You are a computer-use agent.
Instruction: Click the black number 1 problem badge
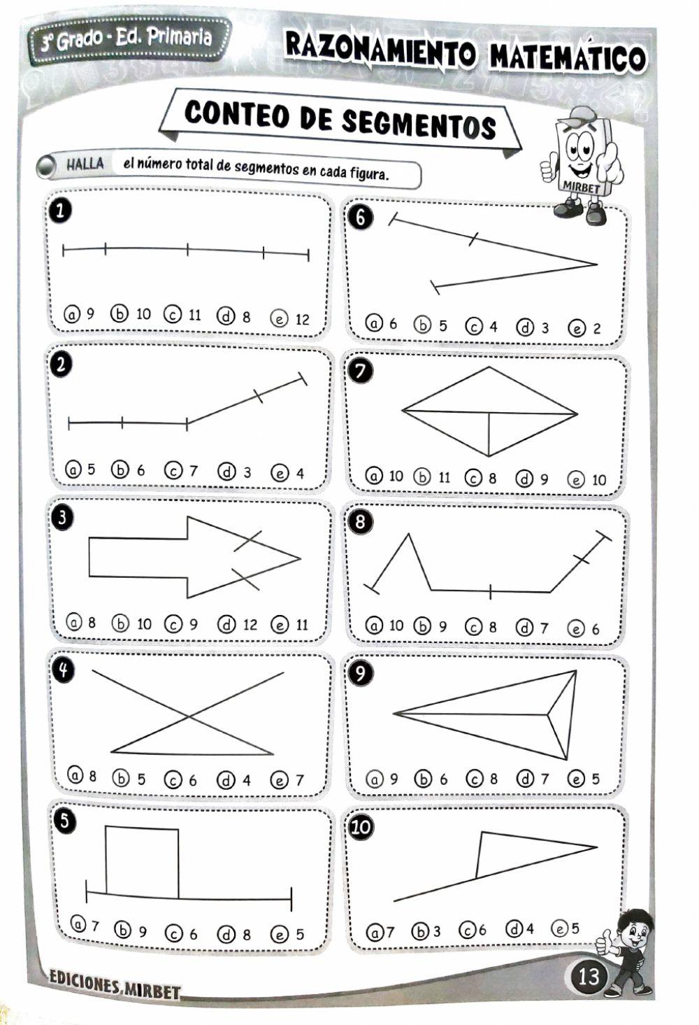point(62,211)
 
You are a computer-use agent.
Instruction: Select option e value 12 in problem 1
point(290,319)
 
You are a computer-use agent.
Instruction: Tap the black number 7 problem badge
point(360,371)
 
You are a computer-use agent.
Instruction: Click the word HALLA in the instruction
point(85,163)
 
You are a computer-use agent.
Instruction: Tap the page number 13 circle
point(589,977)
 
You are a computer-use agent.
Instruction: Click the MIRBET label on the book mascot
point(581,187)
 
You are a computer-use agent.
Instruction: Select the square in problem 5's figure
point(142,863)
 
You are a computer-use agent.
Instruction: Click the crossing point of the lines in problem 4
point(188,716)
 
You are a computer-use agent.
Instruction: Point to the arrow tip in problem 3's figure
point(301,558)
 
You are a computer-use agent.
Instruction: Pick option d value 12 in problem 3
point(238,625)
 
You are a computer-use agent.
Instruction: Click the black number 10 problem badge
point(361,827)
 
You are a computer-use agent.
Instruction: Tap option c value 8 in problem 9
point(482,778)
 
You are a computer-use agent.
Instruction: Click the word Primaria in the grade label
point(180,36)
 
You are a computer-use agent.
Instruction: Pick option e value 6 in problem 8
point(584,629)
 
